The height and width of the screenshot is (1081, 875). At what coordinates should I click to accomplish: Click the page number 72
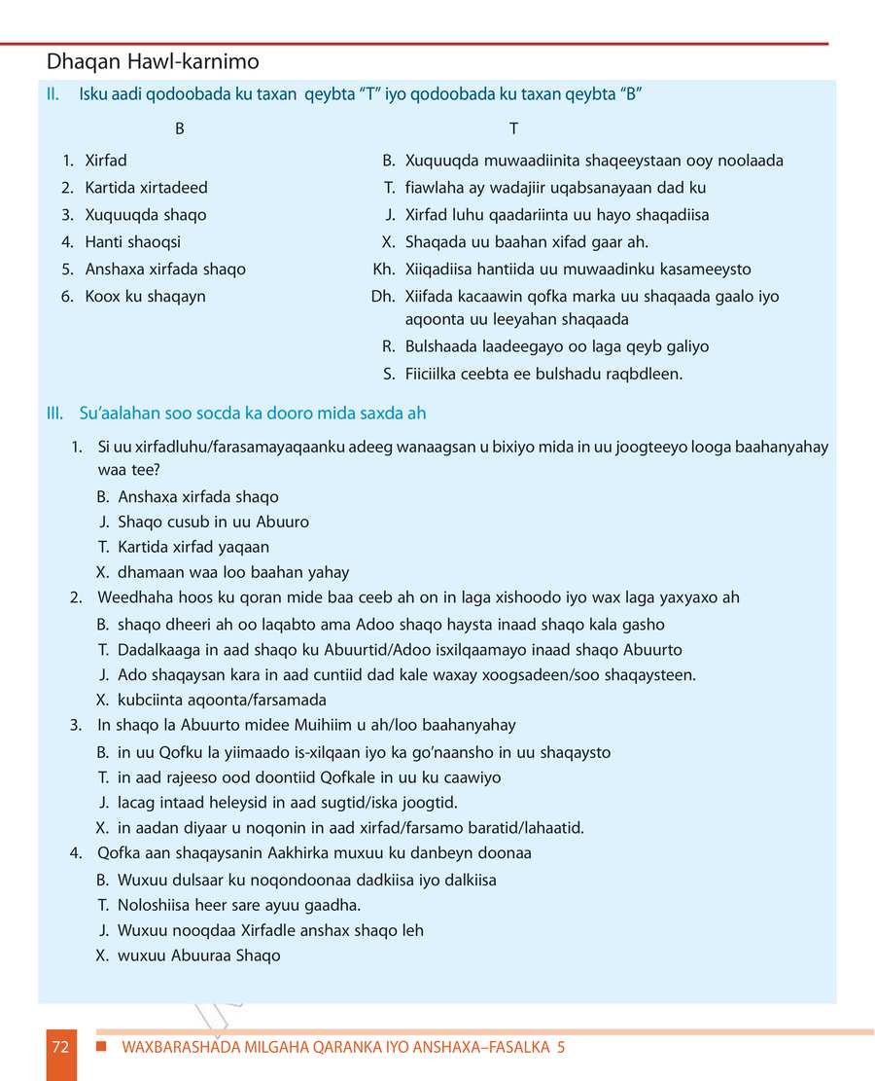[x=60, y=1048]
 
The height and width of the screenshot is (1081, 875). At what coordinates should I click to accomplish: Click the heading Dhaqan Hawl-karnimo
[x=153, y=62]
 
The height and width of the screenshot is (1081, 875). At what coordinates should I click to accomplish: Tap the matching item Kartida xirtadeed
[x=146, y=188]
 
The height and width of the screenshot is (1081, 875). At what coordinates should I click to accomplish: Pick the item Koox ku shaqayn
[x=145, y=297]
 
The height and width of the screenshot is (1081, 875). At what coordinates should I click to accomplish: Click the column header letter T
[x=513, y=129]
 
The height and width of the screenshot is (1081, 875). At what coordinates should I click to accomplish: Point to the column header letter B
[x=180, y=129]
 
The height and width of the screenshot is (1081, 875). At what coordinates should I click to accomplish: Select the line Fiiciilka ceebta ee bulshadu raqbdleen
[x=543, y=374]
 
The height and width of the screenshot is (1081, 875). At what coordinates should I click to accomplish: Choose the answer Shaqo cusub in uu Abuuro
[x=213, y=522]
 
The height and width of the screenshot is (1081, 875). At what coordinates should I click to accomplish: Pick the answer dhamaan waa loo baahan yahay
[x=233, y=573]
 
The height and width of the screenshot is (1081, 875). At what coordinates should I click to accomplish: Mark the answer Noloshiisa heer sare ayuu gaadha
[x=238, y=905]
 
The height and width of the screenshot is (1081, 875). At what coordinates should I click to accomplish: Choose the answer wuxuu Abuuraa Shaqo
[x=198, y=955]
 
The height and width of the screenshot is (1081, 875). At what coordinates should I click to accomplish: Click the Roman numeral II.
[x=54, y=94]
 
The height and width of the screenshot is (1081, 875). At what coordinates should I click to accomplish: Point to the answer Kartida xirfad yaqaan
[x=193, y=548]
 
